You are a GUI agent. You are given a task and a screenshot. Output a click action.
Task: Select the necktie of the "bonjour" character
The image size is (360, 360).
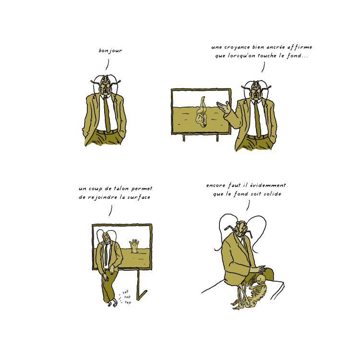(107, 113)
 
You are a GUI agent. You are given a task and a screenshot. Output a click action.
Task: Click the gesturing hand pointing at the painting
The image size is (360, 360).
(223, 107)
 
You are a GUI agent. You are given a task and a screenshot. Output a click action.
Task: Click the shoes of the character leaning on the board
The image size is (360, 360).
(112, 304)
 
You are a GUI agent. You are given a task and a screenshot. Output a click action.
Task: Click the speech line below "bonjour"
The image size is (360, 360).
(107, 64)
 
